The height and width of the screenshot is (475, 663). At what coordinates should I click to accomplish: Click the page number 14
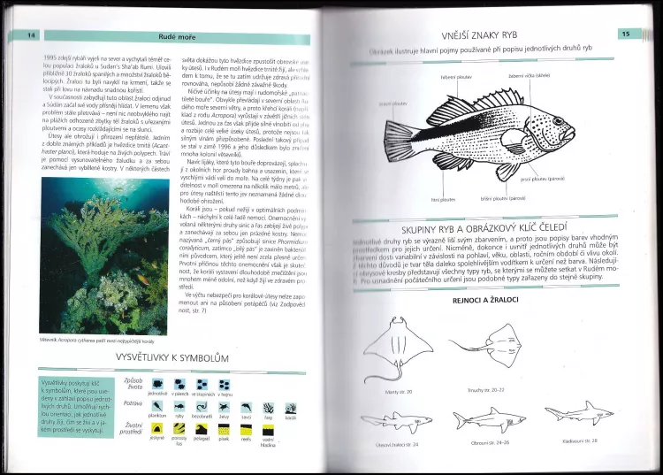coord(33,34)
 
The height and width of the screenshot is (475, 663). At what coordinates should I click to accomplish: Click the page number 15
coord(624,34)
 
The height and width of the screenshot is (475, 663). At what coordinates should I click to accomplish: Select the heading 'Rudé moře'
coord(178,35)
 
